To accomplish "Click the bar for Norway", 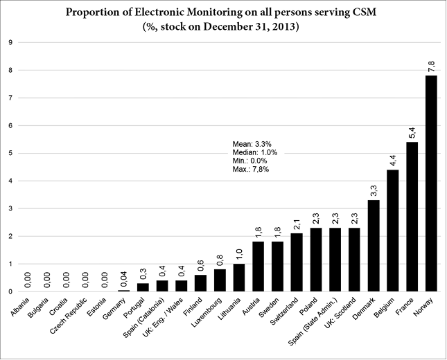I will [x=430, y=183].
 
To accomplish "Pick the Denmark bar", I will [x=373, y=246].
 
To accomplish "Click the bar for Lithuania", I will [x=239, y=278].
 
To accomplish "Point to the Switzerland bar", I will [x=297, y=262].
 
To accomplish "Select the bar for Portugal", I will [x=143, y=287].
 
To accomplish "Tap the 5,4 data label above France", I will [x=412, y=132].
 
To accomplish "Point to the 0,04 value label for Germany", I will [x=123, y=278].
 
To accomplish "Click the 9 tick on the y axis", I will [x=10, y=42].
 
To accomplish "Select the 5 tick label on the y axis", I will [x=10, y=153].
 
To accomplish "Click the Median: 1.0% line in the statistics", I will [x=254, y=152].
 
